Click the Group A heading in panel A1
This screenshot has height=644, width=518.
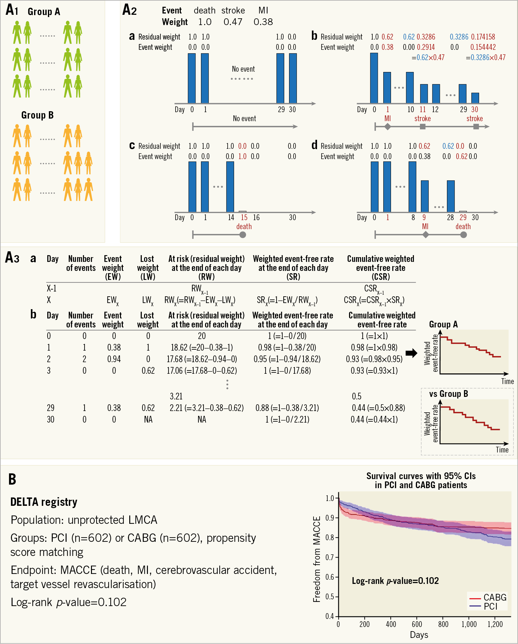click(x=44, y=12)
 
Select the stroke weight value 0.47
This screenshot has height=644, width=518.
click(x=233, y=22)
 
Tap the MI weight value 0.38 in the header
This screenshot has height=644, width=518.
click(x=263, y=22)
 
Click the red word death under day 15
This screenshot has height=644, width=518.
click(x=244, y=227)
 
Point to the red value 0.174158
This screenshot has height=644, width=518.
click(x=483, y=37)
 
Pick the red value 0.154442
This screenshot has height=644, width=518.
click(x=483, y=47)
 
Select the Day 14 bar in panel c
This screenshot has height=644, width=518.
click(x=230, y=187)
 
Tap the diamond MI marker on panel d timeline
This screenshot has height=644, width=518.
click(x=425, y=235)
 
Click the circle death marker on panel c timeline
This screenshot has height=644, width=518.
click(x=243, y=235)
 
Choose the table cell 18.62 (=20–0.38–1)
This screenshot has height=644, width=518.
click(x=202, y=348)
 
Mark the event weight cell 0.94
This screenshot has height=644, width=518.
click(x=114, y=359)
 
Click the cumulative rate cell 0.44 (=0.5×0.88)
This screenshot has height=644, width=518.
click(x=378, y=408)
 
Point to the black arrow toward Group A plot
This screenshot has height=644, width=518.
click(x=411, y=353)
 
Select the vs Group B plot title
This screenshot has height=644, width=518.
click(x=448, y=394)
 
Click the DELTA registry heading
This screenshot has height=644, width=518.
click(x=44, y=502)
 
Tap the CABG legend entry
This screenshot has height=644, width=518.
click(x=495, y=597)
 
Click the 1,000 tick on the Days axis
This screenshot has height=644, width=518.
click(x=469, y=624)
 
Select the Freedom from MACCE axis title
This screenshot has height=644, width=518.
click(x=317, y=559)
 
